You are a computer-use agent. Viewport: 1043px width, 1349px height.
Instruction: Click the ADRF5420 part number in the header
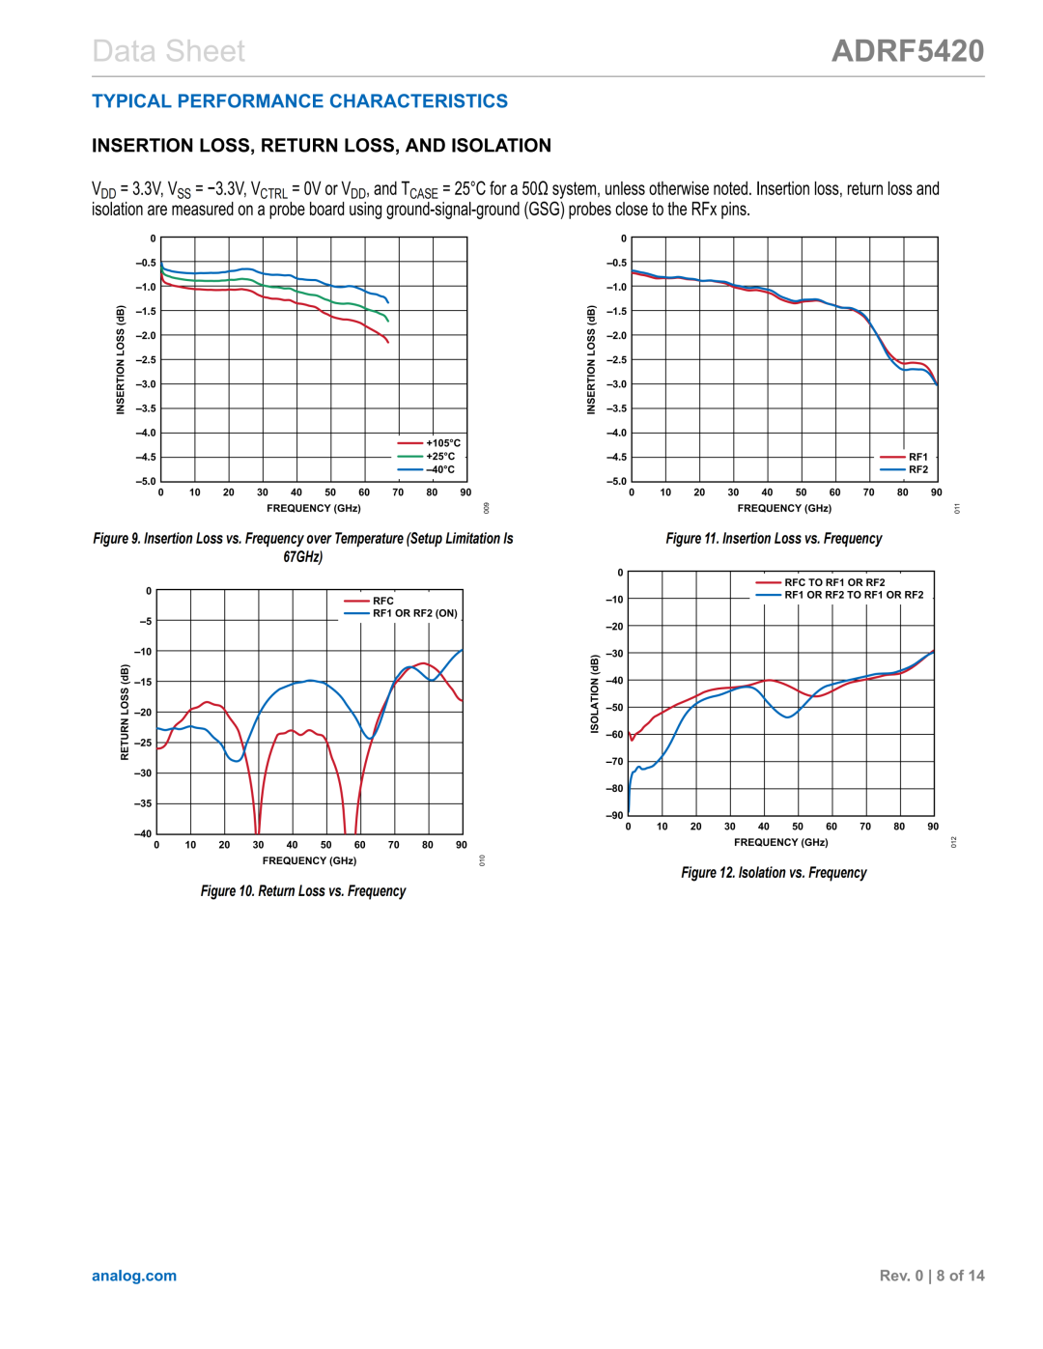(x=907, y=51)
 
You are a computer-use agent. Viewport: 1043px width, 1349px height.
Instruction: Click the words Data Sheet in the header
(x=169, y=51)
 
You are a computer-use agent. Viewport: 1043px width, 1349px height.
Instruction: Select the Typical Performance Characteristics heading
(x=299, y=101)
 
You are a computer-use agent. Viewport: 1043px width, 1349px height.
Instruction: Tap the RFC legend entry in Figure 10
(x=382, y=601)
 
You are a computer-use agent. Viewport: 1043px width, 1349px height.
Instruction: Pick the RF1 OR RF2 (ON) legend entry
(x=414, y=613)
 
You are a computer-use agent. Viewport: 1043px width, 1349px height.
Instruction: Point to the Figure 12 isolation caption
(x=774, y=873)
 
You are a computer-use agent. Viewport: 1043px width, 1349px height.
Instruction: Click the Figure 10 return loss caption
(x=303, y=891)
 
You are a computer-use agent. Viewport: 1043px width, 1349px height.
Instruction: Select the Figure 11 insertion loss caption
(x=774, y=539)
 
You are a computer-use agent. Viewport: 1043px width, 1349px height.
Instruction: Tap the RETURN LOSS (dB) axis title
(x=125, y=712)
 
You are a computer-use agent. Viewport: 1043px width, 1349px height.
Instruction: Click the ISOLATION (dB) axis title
(x=595, y=693)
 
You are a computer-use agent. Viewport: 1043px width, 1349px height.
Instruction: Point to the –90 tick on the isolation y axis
(x=614, y=816)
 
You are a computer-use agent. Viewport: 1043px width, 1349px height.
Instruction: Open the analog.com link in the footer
(x=134, y=1276)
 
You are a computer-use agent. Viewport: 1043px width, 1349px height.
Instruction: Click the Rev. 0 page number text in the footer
(x=931, y=1276)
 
